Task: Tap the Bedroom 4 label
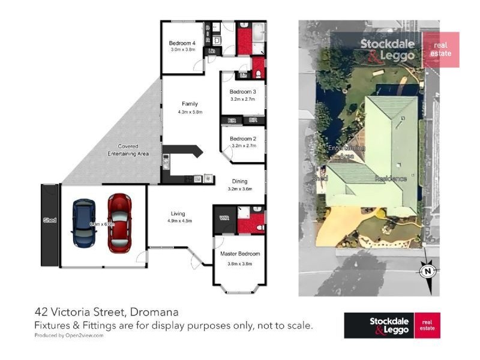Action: [x=182, y=43]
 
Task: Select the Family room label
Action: [x=190, y=104]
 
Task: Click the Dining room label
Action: [x=240, y=182]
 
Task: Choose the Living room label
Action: [x=178, y=214]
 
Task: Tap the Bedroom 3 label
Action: [x=243, y=92]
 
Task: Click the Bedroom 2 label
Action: [x=243, y=138]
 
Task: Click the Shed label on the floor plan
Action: [x=50, y=220]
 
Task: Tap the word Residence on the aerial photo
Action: [x=391, y=179]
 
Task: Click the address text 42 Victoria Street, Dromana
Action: [x=106, y=313]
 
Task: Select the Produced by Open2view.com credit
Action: [x=68, y=335]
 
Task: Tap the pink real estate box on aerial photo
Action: [x=441, y=50]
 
